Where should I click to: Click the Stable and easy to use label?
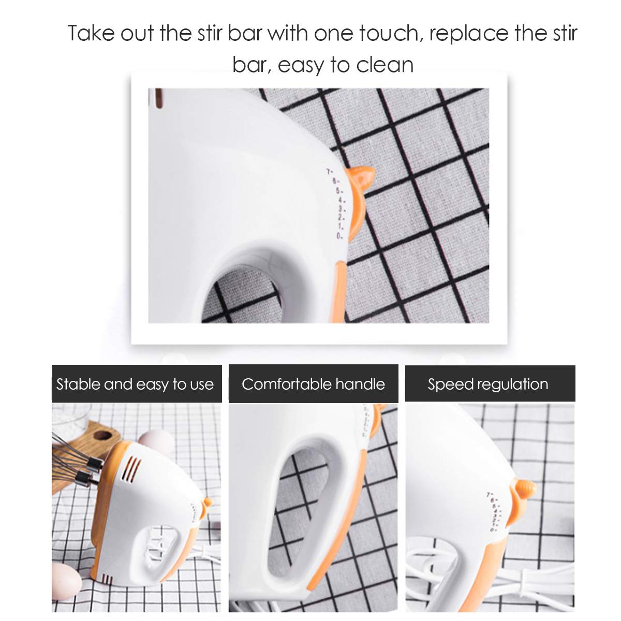135,384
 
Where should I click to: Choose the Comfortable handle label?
313,384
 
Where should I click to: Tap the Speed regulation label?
488,384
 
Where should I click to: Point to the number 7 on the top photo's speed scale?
328,171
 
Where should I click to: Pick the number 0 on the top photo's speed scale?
338,236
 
